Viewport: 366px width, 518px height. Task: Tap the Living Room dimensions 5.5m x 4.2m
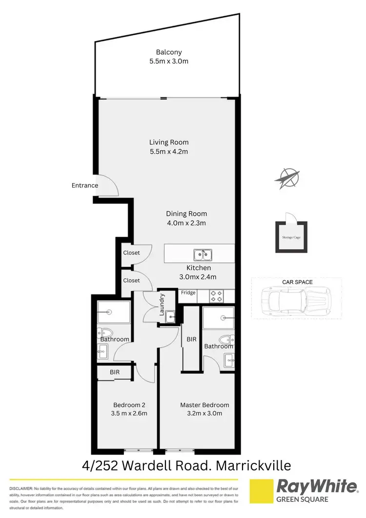tap(169, 151)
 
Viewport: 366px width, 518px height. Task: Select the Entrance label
tap(85, 186)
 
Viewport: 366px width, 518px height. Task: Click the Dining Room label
tap(186, 213)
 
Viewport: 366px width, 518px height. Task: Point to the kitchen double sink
tap(202, 254)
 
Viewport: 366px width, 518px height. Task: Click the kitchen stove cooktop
tap(217, 296)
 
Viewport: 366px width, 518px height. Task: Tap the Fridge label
tap(188, 293)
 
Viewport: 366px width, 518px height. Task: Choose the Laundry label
tap(162, 304)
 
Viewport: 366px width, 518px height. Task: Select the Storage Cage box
tap(291, 237)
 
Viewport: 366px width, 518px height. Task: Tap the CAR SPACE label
tap(297, 282)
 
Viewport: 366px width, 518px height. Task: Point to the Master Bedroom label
tap(204, 405)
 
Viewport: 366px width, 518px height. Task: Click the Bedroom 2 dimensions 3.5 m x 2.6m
tap(129, 414)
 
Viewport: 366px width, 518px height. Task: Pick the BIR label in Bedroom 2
tap(115, 372)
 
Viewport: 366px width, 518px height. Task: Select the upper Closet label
tap(131, 253)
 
